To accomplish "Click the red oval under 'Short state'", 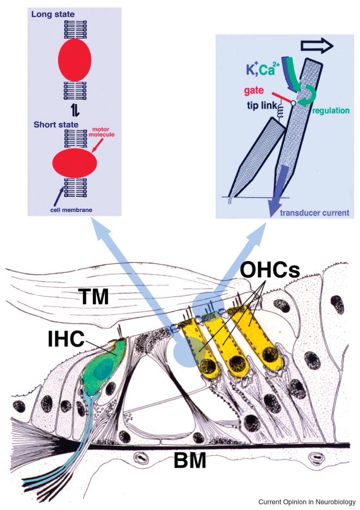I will [x=75, y=163].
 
